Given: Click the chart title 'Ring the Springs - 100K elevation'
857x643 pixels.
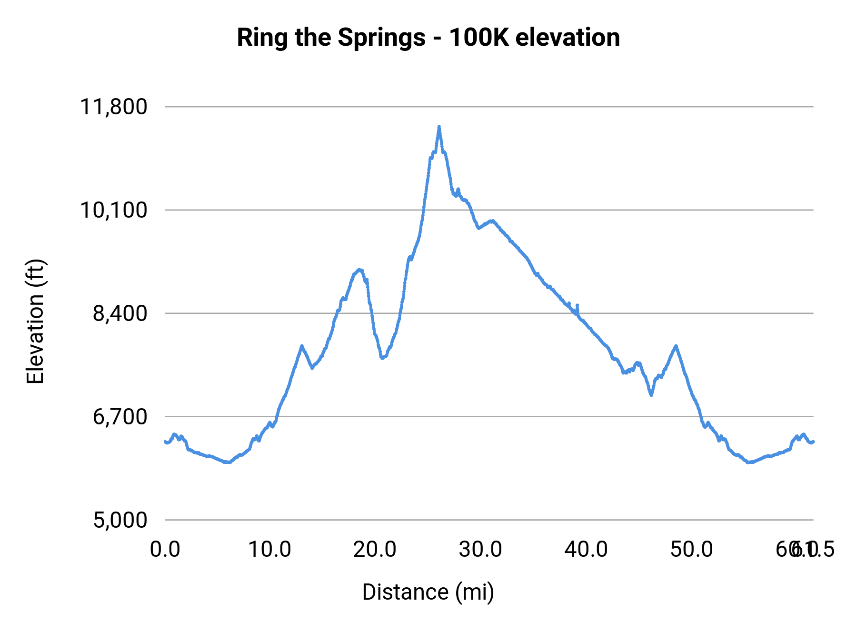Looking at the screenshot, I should (x=428, y=38).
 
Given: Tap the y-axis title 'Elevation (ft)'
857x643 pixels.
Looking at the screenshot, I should (x=35, y=321).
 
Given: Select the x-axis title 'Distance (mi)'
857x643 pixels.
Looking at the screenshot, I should (x=428, y=592).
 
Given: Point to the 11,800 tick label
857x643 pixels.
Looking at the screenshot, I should (x=114, y=107).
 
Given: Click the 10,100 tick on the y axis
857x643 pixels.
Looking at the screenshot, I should (x=114, y=210).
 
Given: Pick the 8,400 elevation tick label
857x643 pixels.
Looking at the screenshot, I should (x=120, y=313).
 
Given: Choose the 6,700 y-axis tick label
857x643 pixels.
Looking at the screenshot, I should (x=120, y=417).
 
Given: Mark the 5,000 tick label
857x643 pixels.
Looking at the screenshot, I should (x=120, y=520).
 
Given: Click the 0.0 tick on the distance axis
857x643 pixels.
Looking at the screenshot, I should (x=165, y=550).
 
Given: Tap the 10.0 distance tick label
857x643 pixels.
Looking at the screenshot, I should (x=270, y=550).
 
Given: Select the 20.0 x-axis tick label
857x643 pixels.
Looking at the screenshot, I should (x=375, y=550).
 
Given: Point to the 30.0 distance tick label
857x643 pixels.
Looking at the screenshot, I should (x=480, y=550).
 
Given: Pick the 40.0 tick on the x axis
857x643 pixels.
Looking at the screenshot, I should (x=586, y=550).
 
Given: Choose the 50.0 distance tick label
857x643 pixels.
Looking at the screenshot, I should (x=692, y=550).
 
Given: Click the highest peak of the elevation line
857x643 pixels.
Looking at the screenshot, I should (x=439, y=127).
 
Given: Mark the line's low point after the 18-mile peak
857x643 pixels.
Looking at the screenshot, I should (x=382, y=358).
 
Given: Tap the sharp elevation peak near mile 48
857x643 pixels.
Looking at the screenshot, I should (x=676, y=346).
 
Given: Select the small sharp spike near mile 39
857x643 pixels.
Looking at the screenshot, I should (x=577, y=305).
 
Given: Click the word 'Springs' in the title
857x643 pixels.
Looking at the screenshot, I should (x=381, y=38).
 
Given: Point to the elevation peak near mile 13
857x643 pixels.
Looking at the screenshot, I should (x=301, y=346).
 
